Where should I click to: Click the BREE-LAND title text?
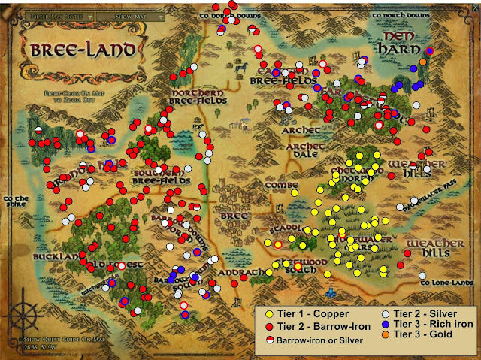84,50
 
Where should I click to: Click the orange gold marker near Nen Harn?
423,61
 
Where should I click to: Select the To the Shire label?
15,203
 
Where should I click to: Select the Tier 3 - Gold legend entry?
422,334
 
